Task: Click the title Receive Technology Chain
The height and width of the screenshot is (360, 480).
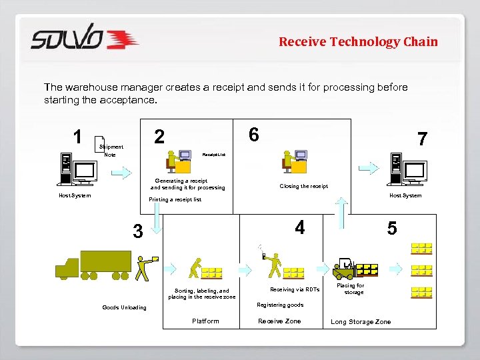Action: coord(358,42)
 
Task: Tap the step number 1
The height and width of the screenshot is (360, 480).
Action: coord(78,137)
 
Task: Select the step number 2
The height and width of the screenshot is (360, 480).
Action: coord(159,137)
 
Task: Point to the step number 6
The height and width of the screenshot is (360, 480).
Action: coord(253,135)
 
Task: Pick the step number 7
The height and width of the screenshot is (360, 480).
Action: coord(421,139)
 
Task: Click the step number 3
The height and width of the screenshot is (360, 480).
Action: coord(137,231)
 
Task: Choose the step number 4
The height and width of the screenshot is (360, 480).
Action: coord(300,228)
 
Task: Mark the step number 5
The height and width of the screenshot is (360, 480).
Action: coord(392,229)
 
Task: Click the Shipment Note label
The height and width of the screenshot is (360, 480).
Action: coord(111,151)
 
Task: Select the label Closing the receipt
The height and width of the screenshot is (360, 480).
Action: coord(303,187)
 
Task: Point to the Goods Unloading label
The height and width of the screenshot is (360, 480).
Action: coord(124,307)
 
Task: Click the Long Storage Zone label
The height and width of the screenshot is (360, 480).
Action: coord(361,322)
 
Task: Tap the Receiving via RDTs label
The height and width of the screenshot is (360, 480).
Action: coord(294,289)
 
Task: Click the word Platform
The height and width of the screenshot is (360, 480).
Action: coord(205,321)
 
